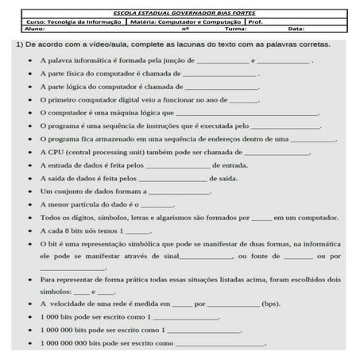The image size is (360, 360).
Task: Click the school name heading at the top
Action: [179, 13]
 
